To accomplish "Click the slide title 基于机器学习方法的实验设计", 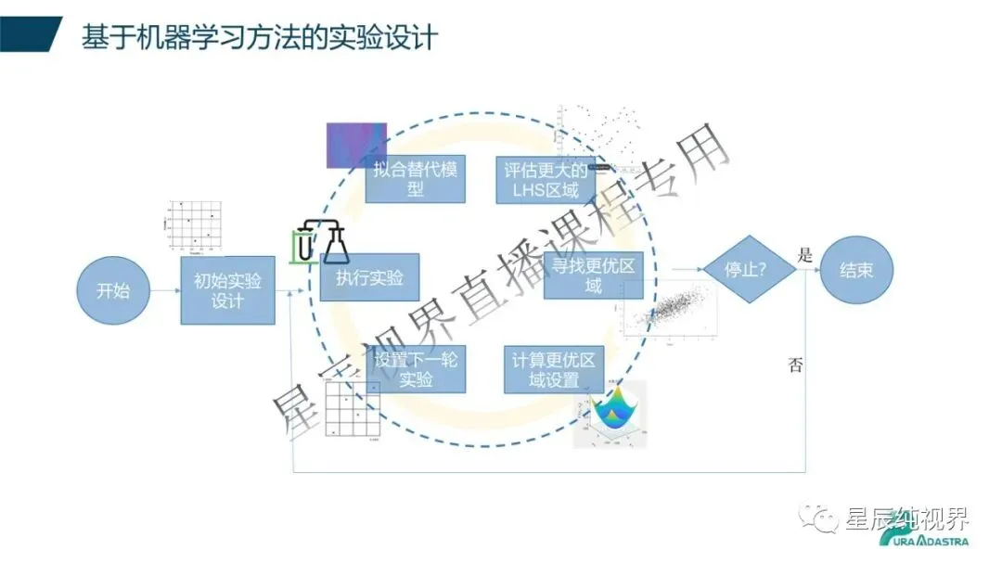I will (x=260, y=38).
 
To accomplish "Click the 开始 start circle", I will (x=113, y=290).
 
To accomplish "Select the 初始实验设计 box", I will (x=227, y=290).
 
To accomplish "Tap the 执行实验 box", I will (x=369, y=277).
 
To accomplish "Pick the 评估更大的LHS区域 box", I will (x=545, y=179).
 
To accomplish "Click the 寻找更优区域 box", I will (x=592, y=275).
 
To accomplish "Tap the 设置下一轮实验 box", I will (x=417, y=369).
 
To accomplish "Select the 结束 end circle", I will (x=854, y=270).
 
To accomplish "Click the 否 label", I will (x=795, y=364).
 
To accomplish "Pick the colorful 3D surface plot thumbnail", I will (x=610, y=414).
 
